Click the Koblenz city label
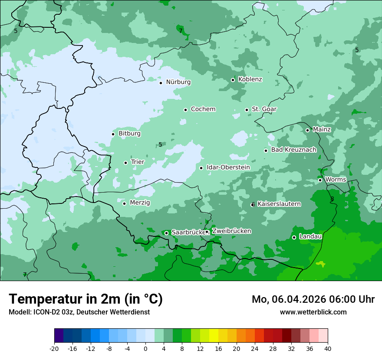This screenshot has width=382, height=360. [250, 79]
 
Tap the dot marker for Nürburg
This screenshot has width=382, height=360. [161, 82]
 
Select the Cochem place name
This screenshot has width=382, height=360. [203, 109]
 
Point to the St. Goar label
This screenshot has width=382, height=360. [264, 109]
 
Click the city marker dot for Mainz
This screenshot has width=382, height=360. [307, 130]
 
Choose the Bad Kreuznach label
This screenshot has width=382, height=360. [293, 150]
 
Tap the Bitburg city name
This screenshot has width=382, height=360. [129, 134]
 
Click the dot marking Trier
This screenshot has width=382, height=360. [125, 163]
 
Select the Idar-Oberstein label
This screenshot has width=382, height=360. [228, 167]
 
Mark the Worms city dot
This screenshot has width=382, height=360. [320, 180]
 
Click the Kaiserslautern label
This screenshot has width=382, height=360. [279, 204]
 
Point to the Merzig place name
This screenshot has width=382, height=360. [140, 203]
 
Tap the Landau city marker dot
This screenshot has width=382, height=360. [294, 237]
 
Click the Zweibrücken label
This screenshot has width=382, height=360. [231, 231]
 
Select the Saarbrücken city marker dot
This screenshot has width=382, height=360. [166, 233]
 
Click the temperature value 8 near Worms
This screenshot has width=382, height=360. [332, 199]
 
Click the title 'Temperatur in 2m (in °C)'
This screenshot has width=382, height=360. [86, 299]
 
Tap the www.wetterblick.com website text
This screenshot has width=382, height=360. [313, 312]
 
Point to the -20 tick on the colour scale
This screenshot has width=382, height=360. [54, 349]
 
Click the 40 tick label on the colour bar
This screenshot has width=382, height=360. [328, 349]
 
